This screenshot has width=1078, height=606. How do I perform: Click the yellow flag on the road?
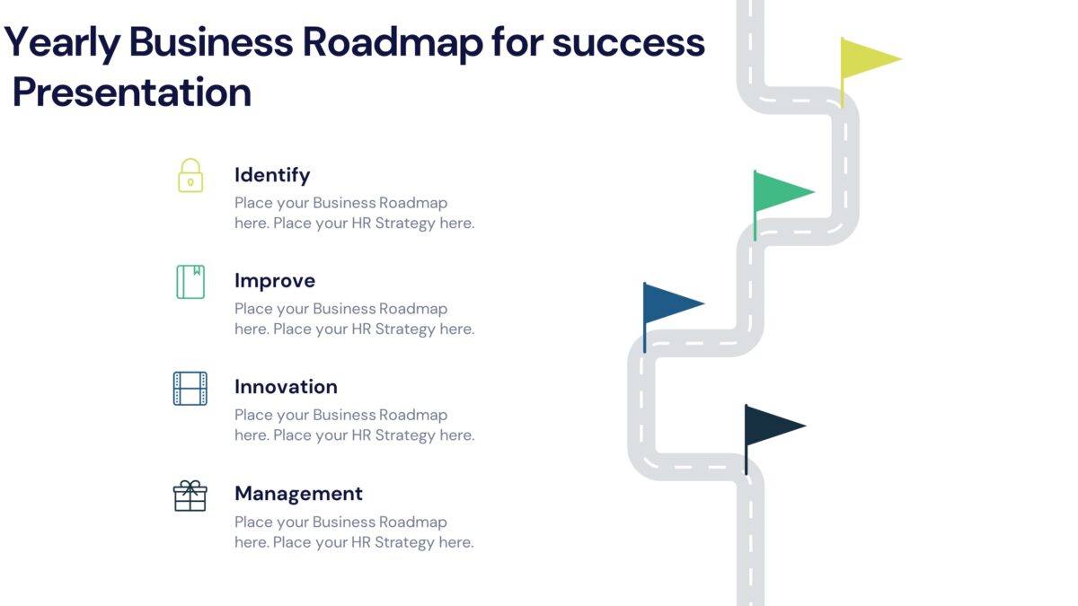click(867, 59)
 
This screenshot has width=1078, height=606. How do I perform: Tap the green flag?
click(780, 191)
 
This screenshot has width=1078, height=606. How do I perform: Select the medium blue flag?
click(670, 303)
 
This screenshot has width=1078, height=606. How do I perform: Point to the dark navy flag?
click(771, 425)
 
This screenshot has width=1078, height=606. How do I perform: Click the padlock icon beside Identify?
click(190, 175)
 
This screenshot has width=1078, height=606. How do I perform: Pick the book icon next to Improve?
click(190, 281)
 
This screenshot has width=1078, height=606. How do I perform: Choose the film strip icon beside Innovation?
click(190, 388)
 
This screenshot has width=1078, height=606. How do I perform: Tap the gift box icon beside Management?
click(190, 495)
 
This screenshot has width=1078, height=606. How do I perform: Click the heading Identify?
click(272, 175)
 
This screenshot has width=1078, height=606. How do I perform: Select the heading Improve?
click(275, 281)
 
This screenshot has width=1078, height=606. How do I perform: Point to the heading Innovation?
click(286, 387)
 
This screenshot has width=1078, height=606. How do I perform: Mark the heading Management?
click(298, 494)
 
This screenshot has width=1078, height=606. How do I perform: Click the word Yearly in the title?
click(61, 43)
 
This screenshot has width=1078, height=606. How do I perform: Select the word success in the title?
click(628, 43)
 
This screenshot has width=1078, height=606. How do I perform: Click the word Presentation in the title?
click(132, 92)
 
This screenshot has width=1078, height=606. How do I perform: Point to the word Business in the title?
click(210, 43)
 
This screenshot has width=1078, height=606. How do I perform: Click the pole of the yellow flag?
click(842, 90)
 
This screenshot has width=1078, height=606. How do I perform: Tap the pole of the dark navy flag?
click(746, 453)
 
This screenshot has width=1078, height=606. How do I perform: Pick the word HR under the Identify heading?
click(362, 224)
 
